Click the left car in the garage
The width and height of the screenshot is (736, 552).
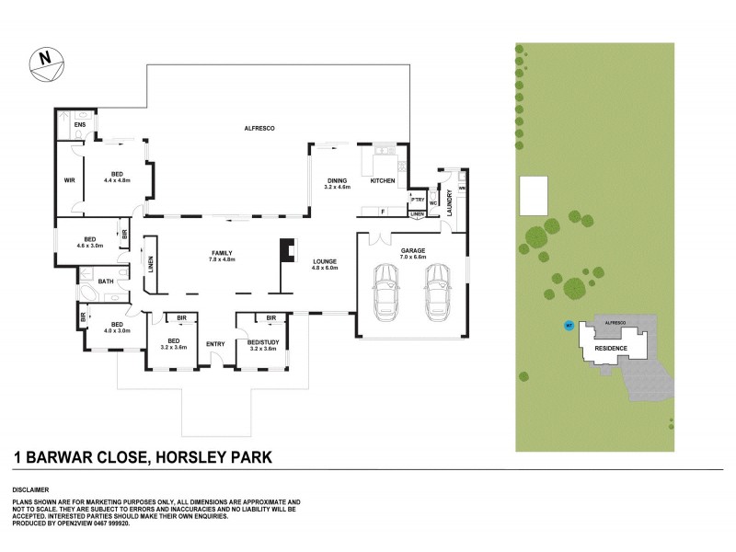pos(385,289)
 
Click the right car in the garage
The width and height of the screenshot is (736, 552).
pos(438,289)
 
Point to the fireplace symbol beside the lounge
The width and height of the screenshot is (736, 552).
pos(290,251)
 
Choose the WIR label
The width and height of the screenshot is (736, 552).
pos(69,180)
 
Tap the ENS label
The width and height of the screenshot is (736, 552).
pos(80,126)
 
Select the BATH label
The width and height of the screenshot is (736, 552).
pos(107,281)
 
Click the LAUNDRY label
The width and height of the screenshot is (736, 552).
pos(449,202)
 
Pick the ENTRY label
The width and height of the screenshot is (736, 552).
pos(215,344)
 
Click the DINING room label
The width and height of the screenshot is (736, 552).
pos(338,181)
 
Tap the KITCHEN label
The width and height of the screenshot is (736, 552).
pos(383,181)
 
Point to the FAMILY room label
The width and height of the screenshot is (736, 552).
pos(222,252)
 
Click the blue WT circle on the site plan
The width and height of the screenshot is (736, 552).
pos(568,325)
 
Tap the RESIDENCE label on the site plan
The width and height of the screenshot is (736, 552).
pos(611,349)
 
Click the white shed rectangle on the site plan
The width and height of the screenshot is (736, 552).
pos(535,196)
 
